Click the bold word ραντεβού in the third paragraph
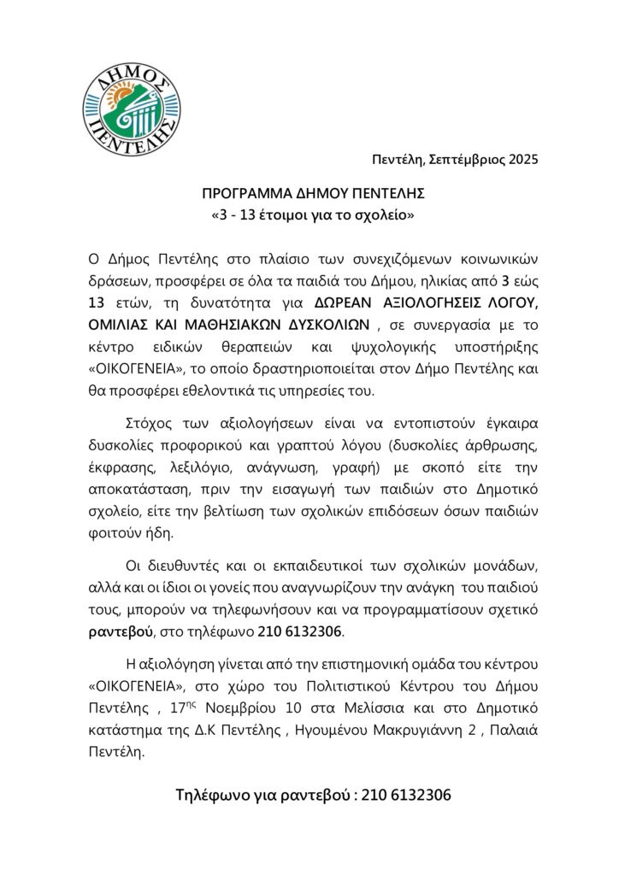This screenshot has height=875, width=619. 121,633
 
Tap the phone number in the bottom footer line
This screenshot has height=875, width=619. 406,794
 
